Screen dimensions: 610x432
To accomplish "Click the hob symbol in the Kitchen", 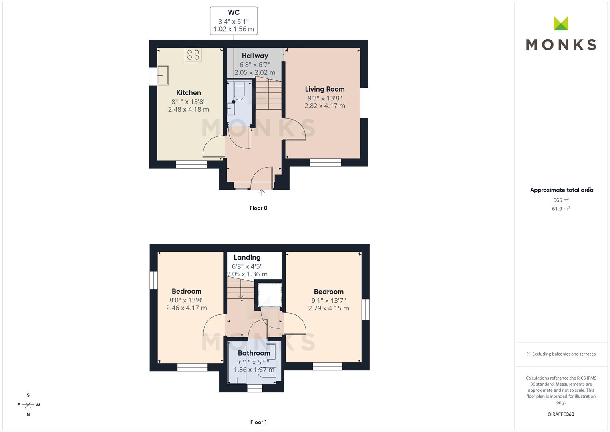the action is click(x=193, y=54).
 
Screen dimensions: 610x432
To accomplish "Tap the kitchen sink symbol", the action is click(x=163, y=75).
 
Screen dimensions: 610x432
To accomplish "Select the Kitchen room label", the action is click(x=189, y=92).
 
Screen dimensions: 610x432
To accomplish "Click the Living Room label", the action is click(x=325, y=89).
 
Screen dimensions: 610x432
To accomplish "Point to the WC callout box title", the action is click(x=234, y=12).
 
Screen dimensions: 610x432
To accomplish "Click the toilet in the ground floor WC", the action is click(x=239, y=90).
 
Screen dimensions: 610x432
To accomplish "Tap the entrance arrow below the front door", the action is click(x=261, y=192).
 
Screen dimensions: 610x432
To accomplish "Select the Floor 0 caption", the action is click(x=258, y=208).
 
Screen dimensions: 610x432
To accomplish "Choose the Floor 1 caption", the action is click(x=258, y=422).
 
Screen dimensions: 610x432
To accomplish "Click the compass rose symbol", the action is click(x=28, y=404).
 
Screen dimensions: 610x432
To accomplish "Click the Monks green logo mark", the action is click(x=561, y=23).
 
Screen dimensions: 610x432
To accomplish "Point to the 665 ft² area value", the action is click(x=561, y=200).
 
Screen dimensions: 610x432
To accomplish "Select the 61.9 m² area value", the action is click(x=561, y=209).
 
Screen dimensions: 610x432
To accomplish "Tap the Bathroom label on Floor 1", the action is click(x=254, y=353).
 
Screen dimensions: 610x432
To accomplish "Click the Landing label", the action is click(x=247, y=257).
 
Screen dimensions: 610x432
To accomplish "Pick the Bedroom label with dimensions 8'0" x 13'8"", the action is click(x=186, y=291).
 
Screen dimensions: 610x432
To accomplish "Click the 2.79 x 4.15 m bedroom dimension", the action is click(x=328, y=308).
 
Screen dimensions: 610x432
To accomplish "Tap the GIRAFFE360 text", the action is click(x=561, y=414).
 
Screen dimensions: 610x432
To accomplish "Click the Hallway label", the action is click(x=255, y=56).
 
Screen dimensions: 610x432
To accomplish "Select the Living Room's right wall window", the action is click(x=364, y=102).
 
